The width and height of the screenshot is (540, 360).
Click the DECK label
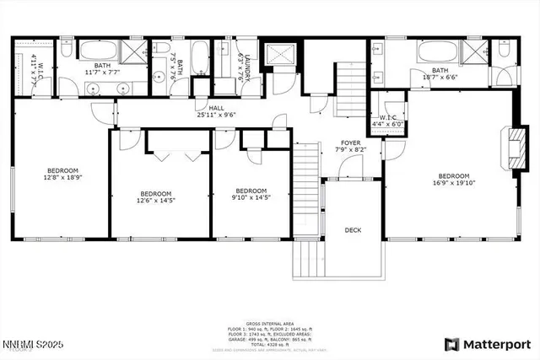coord(353,229)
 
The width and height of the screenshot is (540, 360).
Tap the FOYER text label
coord(350,142)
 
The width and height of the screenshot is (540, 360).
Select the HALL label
coord(216,107)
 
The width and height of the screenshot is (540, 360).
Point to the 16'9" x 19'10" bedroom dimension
coord(452,181)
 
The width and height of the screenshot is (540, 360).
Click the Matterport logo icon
coord(451,344)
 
